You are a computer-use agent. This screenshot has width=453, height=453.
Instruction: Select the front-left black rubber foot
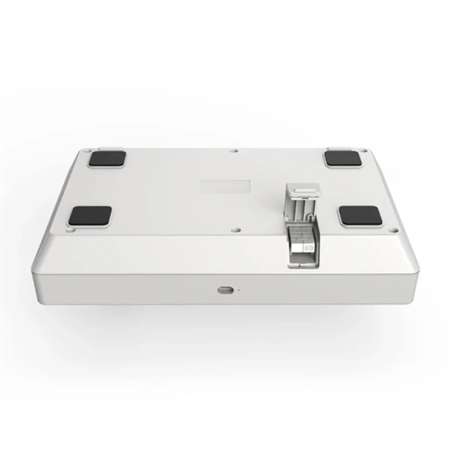[x=90, y=216]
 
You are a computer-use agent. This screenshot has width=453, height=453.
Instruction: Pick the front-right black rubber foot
[x=360, y=216]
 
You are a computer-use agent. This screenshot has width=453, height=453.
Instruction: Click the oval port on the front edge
[x=225, y=290]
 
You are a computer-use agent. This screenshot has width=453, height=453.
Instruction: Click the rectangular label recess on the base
[x=225, y=187]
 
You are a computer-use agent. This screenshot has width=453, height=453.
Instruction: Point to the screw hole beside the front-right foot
[x=394, y=230]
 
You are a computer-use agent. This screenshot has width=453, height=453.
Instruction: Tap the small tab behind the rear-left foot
[x=110, y=149]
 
